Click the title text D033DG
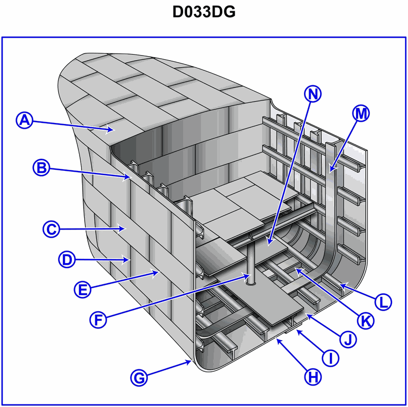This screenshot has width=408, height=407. [204, 12]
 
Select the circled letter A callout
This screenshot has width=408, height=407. [24, 120]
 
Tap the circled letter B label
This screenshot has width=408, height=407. [41, 167]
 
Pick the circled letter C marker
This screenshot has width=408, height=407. [50, 229]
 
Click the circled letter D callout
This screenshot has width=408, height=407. [66, 259]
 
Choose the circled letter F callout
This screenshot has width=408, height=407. [98, 320]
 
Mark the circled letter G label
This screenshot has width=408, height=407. [139, 378]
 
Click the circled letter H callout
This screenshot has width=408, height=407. [313, 377]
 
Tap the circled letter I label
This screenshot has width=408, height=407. [330, 358]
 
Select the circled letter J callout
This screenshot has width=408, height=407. [348, 339]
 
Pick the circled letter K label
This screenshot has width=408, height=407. [365, 320]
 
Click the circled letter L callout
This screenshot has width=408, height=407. [382, 301]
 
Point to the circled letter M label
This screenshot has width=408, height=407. [361, 114]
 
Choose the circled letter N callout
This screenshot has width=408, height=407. [313, 93]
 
